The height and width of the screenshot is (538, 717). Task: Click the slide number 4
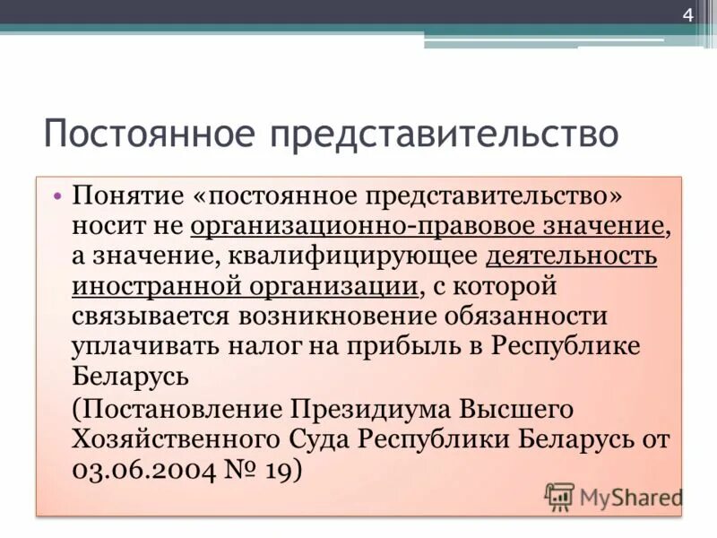coord(688,15)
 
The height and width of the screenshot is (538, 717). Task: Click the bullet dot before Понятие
coord(57,196)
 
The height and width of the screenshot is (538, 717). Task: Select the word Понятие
coord(126,196)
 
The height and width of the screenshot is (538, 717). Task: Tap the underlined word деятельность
coord(571,256)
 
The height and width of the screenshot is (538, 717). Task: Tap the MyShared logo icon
coord(560,497)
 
